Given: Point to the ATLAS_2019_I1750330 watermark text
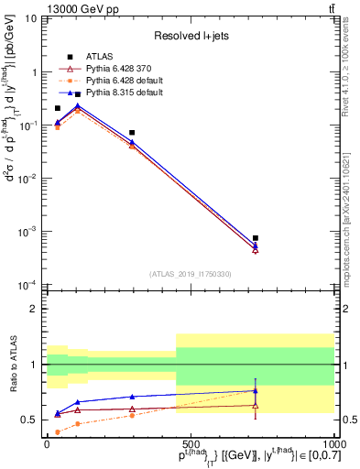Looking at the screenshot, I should [x=191, y=273].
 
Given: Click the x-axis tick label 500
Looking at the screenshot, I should [x=191, y=442].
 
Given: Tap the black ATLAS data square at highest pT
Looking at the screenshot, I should [x=256, y=238].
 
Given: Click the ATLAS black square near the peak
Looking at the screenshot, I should [x=78, y=94].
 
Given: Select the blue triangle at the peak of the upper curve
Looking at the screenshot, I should [x=78, y=106].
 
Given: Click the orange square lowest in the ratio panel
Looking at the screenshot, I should [x=58, y=431].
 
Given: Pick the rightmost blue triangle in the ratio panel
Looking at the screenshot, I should [x=256, y=391].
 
